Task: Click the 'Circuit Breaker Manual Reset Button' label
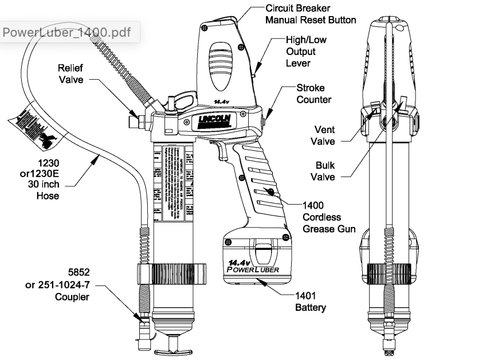point(309,14)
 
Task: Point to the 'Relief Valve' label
point(70,74)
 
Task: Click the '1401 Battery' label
point(310,302)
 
